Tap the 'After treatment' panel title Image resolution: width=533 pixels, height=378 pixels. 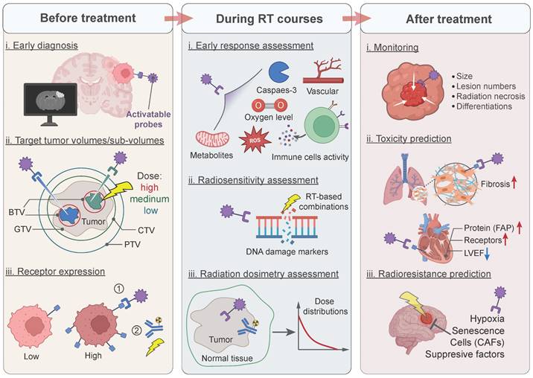click(447, 17)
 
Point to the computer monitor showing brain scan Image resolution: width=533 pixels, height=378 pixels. click(49, 102)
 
